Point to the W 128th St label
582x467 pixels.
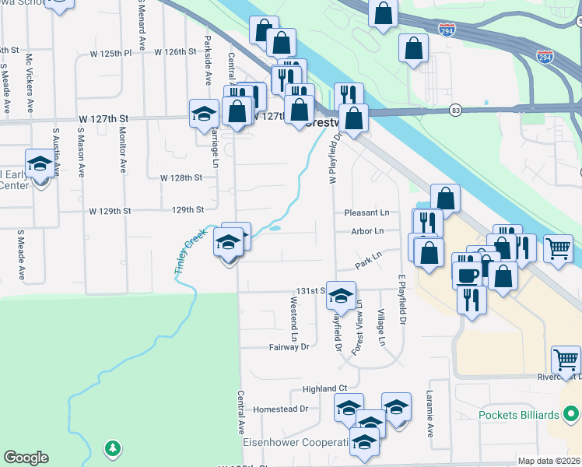(181, 177)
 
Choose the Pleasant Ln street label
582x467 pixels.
(366, 212)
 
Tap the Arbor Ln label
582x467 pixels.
(367, 231)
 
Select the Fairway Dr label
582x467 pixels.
(289, 347)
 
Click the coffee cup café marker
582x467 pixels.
(468, 275)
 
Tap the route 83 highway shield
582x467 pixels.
(454, 111)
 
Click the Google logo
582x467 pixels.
(25, 457)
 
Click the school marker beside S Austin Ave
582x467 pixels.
(39, 164)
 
